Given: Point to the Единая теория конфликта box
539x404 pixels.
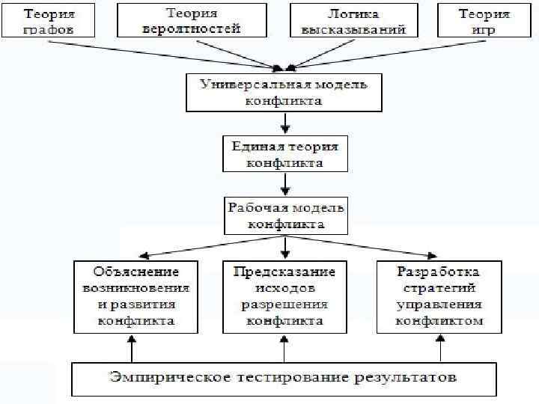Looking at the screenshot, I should [x=284, y=154].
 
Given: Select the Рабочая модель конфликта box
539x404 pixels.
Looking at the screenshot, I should [x=285, y=215].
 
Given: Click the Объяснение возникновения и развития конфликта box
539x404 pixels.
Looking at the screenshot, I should [x=136, y=296].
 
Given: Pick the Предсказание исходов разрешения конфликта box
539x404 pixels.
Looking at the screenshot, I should [x=284, y=296].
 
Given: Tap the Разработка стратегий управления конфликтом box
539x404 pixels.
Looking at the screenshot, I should [x=439, y=296].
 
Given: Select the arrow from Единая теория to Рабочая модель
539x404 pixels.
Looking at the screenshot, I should [x=284, y=184].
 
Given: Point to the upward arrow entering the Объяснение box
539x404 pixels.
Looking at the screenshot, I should [x=133, y=347].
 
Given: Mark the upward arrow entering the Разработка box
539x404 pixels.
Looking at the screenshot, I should [x=439, y=347].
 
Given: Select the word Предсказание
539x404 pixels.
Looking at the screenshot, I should [x=284, y=271].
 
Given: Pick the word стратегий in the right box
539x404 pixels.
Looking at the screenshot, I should [x=439, y=287].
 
